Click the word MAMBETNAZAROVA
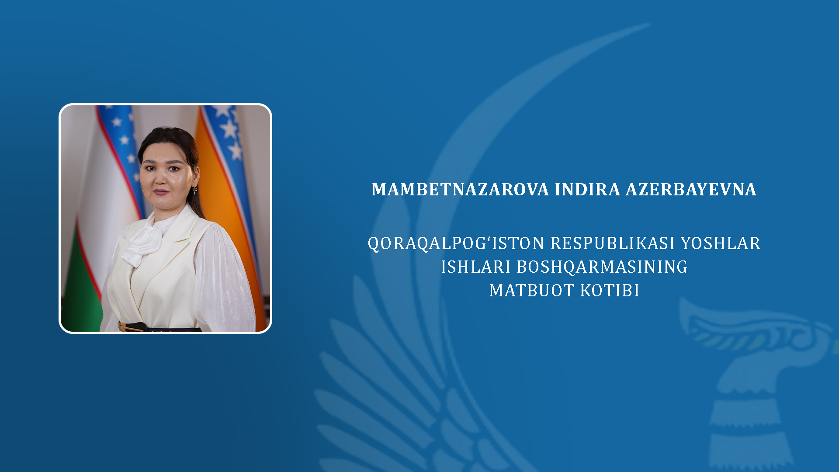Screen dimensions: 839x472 (460, 189)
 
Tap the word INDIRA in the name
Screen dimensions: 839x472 (587, 189)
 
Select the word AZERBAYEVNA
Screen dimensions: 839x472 (691, 189)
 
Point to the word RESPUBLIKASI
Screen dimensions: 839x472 (613, 243)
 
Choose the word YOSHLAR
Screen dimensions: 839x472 (721, 243)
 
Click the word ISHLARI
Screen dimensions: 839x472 (476, 267)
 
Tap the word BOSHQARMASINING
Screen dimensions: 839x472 (602, 267)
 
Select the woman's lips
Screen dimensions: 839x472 (161, 191)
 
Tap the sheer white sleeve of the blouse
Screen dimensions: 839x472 (224, 280)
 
